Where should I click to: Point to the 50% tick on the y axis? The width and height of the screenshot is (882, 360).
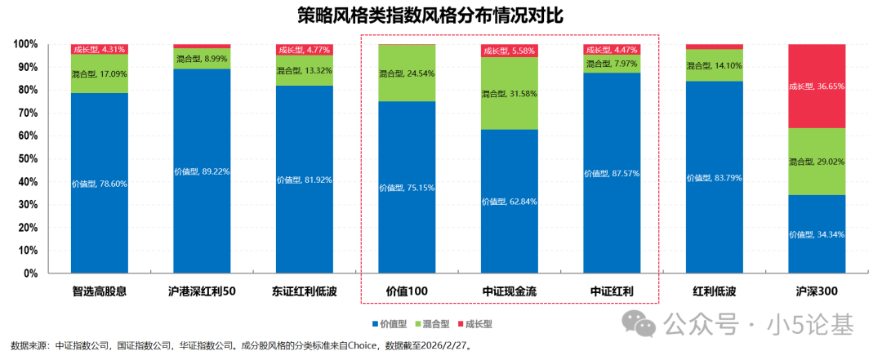coord(27,158)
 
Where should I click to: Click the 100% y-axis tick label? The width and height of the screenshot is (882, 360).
coord(24,44)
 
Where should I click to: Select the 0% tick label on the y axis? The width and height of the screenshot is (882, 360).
coord(29,273)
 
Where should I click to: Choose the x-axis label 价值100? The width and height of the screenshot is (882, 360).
coord(407,291)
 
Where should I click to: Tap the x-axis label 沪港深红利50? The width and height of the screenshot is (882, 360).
coord(202,291)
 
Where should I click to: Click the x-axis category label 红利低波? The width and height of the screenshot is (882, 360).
coord(714,291)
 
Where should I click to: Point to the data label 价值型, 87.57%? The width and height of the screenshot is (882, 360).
coord(612,173)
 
